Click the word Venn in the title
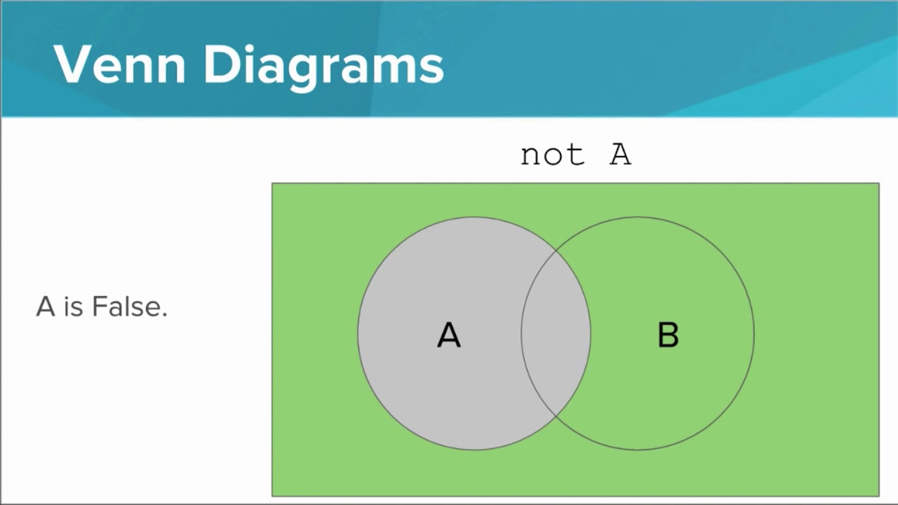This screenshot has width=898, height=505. pos(119,65)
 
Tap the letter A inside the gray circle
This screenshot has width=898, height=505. pos(449,335)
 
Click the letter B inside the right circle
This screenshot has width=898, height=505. pos(668,335)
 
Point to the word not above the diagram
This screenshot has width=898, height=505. pos(552,154)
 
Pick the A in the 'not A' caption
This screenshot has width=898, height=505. pos(620,154)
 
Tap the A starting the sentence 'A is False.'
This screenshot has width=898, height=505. pos(46,307)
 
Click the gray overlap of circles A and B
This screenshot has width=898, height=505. pos(556,333)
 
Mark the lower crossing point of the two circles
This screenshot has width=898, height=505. pos(556,416)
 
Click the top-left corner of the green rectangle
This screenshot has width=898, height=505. pos(272,184)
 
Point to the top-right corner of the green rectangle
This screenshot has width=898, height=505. pos(878,184)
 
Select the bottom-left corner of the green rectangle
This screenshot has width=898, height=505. pos(272,496)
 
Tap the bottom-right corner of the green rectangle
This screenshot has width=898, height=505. pos(878,496)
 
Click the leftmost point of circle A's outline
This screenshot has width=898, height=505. pos(358,333)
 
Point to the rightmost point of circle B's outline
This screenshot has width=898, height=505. pos(754,333)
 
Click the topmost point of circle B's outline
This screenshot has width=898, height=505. pos(638,217)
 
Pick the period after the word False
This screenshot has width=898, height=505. pos(165,316)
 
